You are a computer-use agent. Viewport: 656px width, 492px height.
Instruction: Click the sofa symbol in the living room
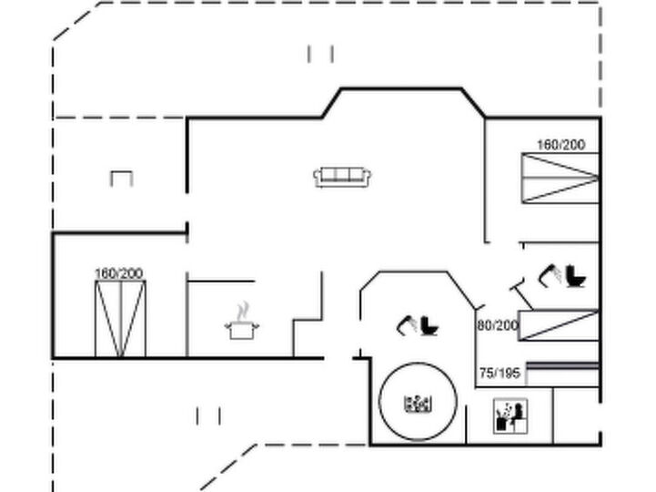click(342, 177)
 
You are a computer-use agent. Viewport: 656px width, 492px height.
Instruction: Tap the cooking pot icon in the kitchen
click(242, 330)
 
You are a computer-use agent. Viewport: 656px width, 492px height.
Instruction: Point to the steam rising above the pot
click(242, 312)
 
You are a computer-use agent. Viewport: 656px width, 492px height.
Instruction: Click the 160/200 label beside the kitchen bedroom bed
click(119, 273)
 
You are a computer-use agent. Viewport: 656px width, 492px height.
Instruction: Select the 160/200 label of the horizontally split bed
click(561, 145)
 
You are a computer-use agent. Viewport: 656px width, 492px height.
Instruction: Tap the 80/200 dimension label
click(498, 325)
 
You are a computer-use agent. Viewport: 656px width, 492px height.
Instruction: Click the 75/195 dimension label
click(500, 373)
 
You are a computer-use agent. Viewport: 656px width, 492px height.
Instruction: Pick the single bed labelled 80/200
click(559, 325)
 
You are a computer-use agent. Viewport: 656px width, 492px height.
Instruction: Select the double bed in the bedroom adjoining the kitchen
click(120, 319)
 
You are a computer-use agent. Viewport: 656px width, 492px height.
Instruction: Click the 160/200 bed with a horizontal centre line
click(560, 178)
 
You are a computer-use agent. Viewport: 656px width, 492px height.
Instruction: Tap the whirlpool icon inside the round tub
click(418, 403)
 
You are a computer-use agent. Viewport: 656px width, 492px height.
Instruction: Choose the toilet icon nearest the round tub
click(429, 325)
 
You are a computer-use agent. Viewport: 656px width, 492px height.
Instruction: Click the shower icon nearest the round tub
click(406, 325)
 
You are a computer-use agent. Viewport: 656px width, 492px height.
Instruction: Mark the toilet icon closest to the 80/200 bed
click(576, 276)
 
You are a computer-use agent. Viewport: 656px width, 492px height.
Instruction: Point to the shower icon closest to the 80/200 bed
click(550, 275)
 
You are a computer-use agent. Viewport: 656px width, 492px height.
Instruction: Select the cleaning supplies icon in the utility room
click(510, 415)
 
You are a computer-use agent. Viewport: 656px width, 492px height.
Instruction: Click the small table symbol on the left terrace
click(121, 178)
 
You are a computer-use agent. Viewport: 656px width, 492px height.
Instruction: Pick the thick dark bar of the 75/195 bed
click(562, 366)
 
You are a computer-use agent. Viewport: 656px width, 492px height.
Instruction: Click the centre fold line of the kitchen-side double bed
click(121, 319)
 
